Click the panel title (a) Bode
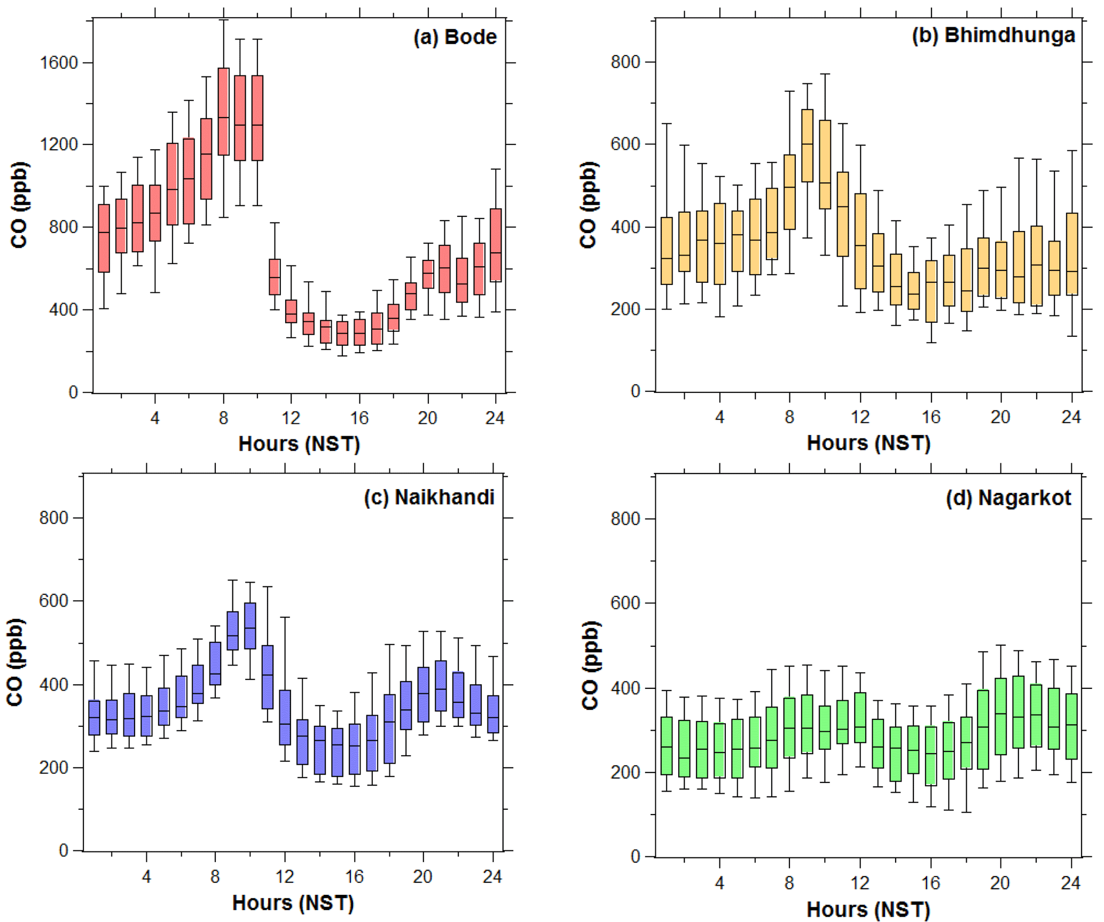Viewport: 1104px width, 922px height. [x=455, y=37]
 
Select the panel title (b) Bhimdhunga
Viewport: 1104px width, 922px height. [x=993, y=35]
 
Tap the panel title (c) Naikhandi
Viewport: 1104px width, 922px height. [x=429, y=497]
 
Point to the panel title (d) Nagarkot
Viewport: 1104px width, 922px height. [x=1008, y=498]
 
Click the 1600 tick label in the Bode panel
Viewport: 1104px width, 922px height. [x=59, y=63]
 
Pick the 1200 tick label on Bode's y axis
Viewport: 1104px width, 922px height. [x=59, y=144]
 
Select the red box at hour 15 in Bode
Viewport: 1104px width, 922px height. [x=342, y=333]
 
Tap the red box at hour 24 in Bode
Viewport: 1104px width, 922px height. [x=496, y=245]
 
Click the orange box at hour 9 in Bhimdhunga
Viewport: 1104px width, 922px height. [x=807, y=145]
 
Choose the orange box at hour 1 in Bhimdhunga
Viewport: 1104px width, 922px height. [x=667, y=251]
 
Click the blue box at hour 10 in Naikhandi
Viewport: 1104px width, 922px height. [x=250, y=626]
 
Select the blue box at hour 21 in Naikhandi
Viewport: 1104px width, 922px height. [x=441, y=686]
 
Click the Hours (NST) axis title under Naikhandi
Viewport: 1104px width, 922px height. [x=293, y=903]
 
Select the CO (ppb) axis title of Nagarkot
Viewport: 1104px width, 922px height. [x=590, y=665]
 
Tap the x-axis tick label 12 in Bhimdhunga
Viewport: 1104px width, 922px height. [x=860, y=417]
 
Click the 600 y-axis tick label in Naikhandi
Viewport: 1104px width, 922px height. [x=53, y=601]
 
